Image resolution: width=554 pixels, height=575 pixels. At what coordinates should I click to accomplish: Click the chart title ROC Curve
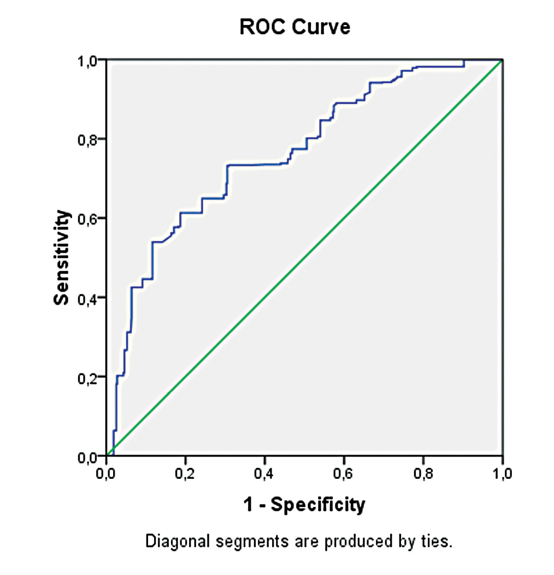[294, 27]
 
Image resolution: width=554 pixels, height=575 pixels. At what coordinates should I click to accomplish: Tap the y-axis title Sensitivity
[62, 258]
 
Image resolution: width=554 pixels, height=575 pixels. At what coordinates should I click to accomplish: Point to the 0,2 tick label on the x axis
[185, 473]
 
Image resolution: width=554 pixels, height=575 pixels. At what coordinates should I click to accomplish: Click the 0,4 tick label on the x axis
[264, 473]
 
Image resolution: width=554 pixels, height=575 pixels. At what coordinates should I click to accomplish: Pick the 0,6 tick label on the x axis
[344, 473]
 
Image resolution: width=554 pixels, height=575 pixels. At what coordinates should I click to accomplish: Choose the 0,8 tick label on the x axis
[423, 473]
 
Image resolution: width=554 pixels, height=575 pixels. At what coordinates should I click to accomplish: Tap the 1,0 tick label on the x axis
[502, 473]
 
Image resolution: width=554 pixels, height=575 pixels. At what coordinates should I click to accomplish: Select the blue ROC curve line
[257, 164]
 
